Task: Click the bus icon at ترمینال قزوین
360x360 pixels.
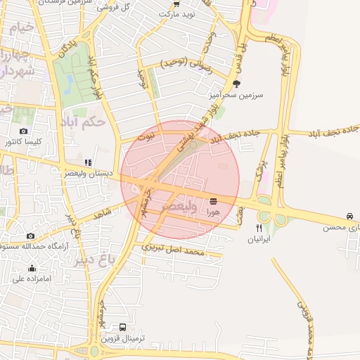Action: pyautogui.click(x=123, y=327)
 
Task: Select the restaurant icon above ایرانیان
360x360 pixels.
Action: pyautogui.click(x=259, y=229)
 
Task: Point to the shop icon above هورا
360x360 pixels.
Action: pyautogui.click(x=213, y=201)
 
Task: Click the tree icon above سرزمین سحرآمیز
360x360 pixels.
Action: pyautogui.click(x=236, y=83)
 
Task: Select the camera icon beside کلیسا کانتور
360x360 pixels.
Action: pyautogui.click(x=24, y=131)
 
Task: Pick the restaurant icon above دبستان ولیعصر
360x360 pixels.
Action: pyautogui.click(x=87, y=162)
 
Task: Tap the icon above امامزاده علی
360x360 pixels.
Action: pyautogui.click(x=32, y=268)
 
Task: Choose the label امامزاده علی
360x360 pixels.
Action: pyautogui.click(x=32, y=278)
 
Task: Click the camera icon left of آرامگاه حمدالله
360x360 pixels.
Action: pyautogui.click(x=30, y=236)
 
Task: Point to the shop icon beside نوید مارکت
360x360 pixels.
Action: pyautogui.click(x=176, y=13)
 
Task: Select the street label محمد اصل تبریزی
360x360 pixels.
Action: pyautogui.click(x=173, y=249)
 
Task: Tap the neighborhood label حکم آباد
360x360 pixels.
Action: pyautogui.click(x=84, y=121)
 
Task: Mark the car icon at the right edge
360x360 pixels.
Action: pyautogui.click(x=350, y=216)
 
